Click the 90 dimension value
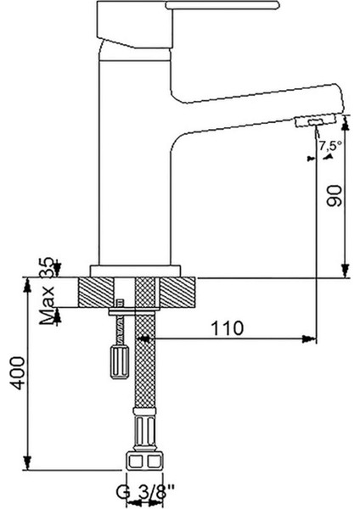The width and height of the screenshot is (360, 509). tap(335, 195)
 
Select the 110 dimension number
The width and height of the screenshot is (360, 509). tap(228, 328)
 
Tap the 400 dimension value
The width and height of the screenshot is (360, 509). tap(17, 373)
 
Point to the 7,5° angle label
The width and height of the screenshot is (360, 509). tap(330, 146)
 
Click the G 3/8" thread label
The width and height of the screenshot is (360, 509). tap(145, 491)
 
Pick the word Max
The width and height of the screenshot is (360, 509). tap(48, 305)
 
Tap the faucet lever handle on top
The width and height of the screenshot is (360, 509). tap(222, 5)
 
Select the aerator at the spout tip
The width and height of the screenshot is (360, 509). tap(315, 122)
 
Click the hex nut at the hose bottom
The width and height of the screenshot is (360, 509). tap(143, 461)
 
